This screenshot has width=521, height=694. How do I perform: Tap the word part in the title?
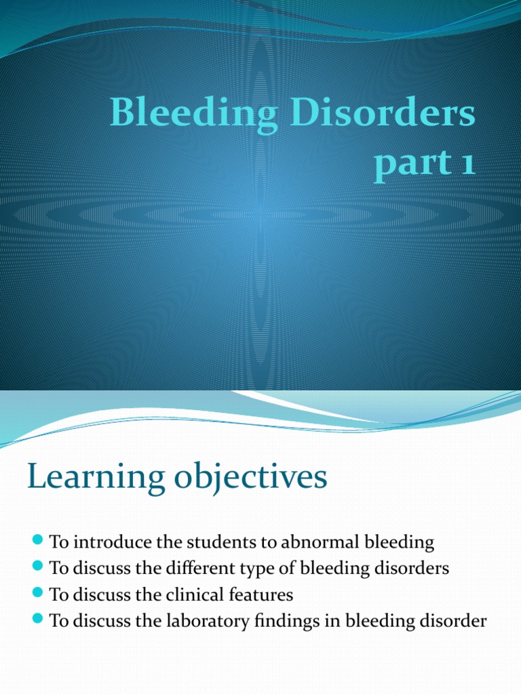point(408,165)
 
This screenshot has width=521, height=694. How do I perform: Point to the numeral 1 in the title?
point(466,164)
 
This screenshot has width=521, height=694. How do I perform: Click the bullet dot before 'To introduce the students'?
point(37,541)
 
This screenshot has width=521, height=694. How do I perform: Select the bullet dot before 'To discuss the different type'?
point(37,567)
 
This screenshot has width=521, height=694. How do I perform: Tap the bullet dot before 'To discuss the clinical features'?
point(37,594)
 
